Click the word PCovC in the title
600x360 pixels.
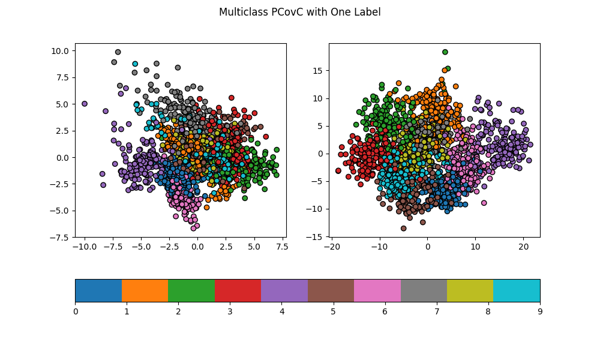[x=285, y=12]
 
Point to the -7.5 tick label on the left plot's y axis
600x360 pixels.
[x=59, y=237]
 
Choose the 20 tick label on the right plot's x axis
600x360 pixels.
[x=523, y=246]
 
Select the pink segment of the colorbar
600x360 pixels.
[x=377, y=290]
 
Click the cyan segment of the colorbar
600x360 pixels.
[x=517, y=290]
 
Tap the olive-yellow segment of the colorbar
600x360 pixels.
[x=470, y=290]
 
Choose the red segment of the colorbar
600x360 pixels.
[x=238, y=290]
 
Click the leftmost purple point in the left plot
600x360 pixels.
[x=85, y=104]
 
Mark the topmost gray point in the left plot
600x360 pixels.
[x=118, y=52]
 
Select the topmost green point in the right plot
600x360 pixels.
[x=445, y=52]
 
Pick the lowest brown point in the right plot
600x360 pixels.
[x=404, y=228]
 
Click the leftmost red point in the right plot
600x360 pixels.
[x=338, y=171]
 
